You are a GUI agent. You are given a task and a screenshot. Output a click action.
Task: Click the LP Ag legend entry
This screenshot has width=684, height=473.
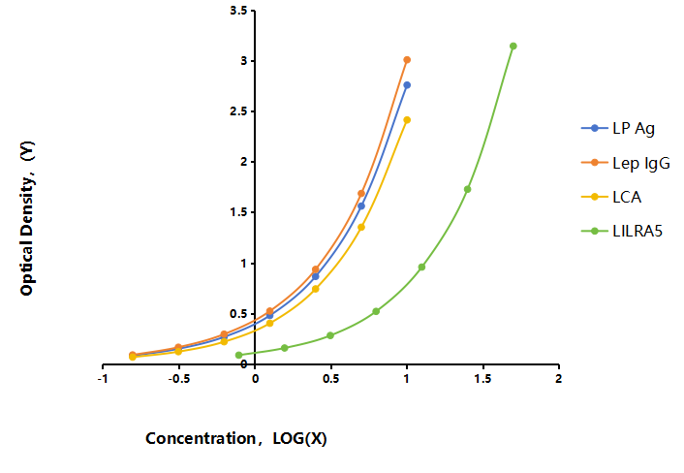(618, 128)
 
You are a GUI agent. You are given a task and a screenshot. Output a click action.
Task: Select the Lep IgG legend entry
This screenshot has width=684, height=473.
(626, 163)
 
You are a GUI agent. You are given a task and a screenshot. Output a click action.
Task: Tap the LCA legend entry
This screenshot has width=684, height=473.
(611, 197)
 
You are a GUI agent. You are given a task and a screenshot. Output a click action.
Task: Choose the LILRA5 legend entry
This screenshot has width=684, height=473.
(622, 231)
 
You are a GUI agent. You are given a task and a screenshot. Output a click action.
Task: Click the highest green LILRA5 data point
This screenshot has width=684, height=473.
(513, 47)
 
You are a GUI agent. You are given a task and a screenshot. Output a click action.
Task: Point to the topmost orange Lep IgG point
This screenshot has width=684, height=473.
(407, 60)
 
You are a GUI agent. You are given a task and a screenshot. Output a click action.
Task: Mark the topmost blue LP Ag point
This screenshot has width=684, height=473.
(407, 85)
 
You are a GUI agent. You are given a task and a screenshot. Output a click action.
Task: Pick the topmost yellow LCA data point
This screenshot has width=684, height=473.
(407, 120)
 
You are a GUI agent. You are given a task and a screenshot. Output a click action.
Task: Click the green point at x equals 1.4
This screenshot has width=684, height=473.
(468, 189)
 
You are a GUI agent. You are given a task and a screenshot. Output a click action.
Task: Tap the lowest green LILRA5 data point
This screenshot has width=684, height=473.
(238, 355)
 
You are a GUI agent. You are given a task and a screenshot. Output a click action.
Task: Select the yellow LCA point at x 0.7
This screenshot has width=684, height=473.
(361, 228)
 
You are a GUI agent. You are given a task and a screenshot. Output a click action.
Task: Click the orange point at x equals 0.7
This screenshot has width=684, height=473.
(361, 193)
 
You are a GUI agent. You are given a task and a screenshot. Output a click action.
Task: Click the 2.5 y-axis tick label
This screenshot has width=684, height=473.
(238, 111)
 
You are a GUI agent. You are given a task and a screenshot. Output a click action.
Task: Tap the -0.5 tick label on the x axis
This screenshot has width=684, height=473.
(179, 379)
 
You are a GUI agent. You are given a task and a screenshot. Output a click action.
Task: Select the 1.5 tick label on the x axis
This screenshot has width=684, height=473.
(482, 379)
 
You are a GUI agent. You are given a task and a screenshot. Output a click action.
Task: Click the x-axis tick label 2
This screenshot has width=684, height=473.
(559, 379)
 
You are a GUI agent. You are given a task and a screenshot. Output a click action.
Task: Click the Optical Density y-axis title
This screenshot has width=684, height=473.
(27, 218)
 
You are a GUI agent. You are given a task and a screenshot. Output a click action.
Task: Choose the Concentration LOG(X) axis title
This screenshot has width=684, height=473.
(236, 438)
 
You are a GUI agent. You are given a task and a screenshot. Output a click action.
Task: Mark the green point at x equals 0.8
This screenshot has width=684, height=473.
(376, 311)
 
